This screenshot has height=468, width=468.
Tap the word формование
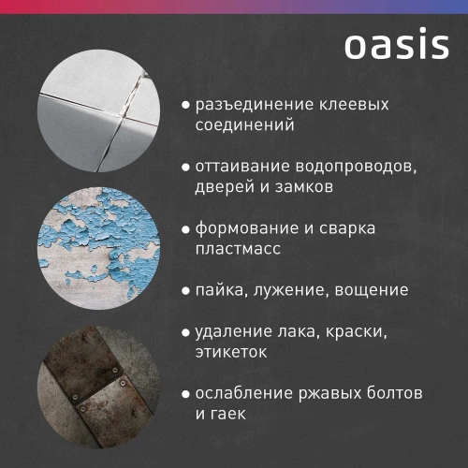pyautogui.click(x=250, y=228)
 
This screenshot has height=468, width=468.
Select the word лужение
pyautogui.click(x=288, y=291)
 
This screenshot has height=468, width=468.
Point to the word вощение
pyautogui.click(x=372, y=291)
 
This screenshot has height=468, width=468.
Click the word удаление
pyautogui.click(x=233, y=332)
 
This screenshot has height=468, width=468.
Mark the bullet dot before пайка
pyautogui.click(x=186, y=292)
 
